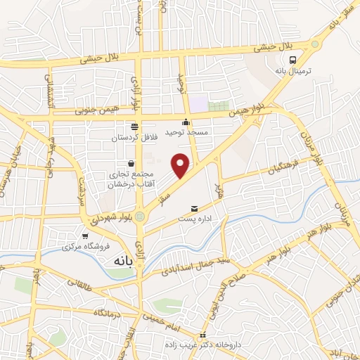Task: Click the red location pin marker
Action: point(181,165)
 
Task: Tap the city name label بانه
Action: point(119,261)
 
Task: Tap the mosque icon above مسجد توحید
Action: point(186,122)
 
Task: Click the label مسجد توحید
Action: point(185,132)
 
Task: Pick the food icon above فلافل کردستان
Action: point(134,127)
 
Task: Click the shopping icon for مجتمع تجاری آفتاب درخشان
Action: point(131,164)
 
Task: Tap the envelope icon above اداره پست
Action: point(195,209)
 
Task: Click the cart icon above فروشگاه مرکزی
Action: point(84,236)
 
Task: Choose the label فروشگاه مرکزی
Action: point(84,247)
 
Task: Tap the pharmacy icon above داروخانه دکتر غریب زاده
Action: point(202,334)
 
